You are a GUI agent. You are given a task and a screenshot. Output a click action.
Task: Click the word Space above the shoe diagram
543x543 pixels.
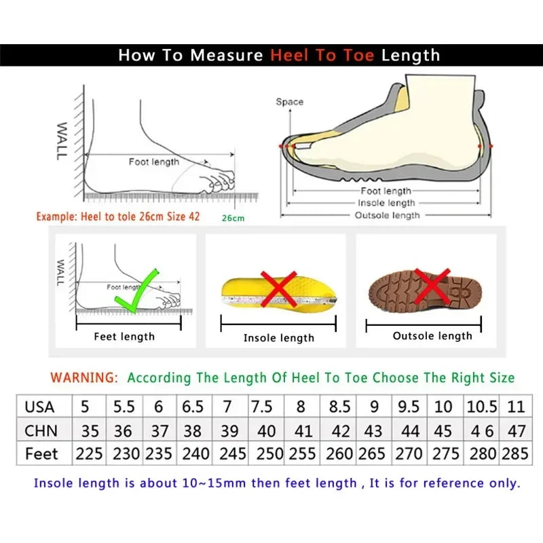pos(289,102)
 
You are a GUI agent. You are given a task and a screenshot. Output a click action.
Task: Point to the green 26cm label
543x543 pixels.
pos(232,218)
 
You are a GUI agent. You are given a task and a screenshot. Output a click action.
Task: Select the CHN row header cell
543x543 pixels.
pos(41,430)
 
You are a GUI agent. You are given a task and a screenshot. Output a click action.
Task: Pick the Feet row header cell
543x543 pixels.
pos(41,453)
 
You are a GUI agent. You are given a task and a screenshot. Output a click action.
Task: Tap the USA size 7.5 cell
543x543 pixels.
pos(262,407)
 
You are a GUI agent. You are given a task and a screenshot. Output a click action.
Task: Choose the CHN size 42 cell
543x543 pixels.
pos(339,430)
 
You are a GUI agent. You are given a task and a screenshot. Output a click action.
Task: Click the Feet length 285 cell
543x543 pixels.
pos(515,453)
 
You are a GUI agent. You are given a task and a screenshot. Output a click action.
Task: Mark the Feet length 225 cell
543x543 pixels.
pos(89,453)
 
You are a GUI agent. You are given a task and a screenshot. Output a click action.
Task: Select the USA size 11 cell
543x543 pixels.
pos(515,407)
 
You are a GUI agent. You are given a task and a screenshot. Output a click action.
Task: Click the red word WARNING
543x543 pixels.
pos(84,377)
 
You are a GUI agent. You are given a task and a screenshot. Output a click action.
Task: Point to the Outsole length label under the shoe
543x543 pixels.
pos(388,215)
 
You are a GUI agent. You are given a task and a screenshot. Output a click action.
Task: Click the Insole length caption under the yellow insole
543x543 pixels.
pos(279,337)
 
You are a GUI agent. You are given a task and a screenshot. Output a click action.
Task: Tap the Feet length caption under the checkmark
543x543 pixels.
pos(124,336)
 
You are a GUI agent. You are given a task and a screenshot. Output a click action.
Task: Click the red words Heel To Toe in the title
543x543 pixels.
pos(322,55)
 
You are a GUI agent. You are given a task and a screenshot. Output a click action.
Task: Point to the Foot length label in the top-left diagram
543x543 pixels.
pos(154,162)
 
